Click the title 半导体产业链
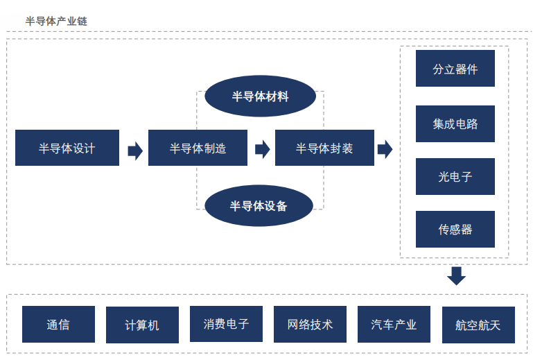pos(56,21)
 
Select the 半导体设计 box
pos(67,148)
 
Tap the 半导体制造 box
pos(198,148)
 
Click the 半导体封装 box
pos(324,148)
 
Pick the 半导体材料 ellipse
pos(260,96)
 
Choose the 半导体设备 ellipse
pos(259,205)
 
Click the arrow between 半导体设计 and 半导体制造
pos(135,151)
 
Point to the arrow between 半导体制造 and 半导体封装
pos(263,149)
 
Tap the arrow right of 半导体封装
pos(385,149)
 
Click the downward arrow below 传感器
pos(456,276)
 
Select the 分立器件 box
pos(455,69)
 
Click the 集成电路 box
pos(455,124)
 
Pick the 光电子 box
pos(455,177)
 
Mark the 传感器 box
pos(455,230)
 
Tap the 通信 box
pos(58,324)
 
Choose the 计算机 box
pos(142,325)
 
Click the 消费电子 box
pos(227,324)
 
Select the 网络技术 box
pos(310,324)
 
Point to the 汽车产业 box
pos(394,324)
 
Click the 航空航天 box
pos(479,325)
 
